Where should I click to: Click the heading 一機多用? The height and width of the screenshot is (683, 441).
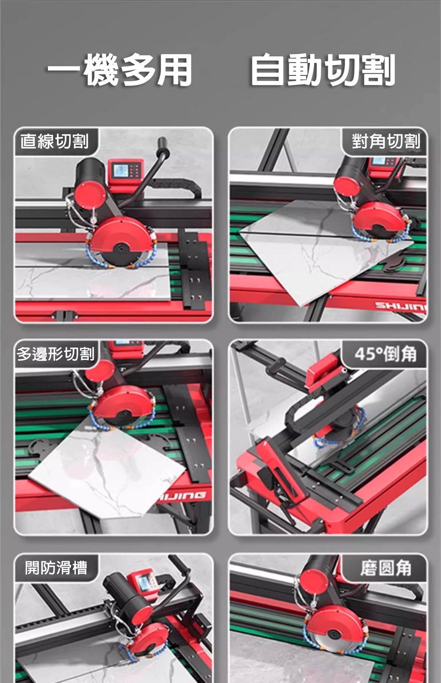[x=119, y=69]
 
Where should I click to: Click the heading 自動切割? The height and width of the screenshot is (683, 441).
[x=323, y=69]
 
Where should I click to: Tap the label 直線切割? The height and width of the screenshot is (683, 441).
[x=55, y=141]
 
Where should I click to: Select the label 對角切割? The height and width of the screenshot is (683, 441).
[x=386, y=141]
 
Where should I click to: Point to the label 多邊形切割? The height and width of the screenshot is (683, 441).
[x=56, y=354]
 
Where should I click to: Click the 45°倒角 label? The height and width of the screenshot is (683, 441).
[x=386, y=354]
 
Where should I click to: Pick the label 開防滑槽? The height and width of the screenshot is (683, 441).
[x=56, y=568]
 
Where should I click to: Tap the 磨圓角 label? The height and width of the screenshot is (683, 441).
[x=386, y=568]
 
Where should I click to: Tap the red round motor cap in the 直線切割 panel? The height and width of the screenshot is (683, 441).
[x=90, y=195]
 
